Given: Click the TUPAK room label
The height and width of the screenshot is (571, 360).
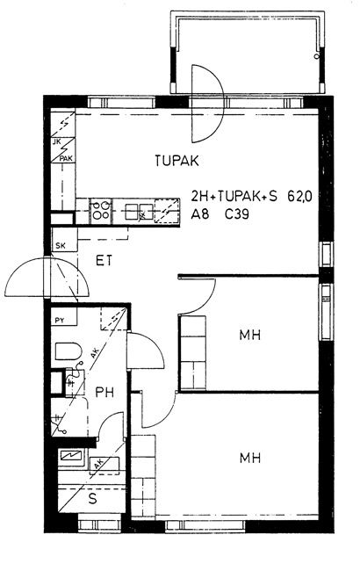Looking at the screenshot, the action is pyautogui.click(x=176, y=161).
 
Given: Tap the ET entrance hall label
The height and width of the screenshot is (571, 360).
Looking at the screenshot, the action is pyautogui.click(x=104, y=261).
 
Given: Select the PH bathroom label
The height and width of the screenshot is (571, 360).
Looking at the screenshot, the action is pyautogui.click(x=104, y=392).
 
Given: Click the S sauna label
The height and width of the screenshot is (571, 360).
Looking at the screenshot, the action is pyautogui.click(x=93, y=499).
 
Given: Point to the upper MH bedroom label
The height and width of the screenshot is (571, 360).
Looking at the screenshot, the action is pyautogui.click(x=250, y=335).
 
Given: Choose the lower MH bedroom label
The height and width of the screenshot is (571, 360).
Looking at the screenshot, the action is pyautogui.click(x=250, y=458).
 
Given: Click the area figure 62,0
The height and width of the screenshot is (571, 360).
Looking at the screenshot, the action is pyautogui.click(x=299, y=197).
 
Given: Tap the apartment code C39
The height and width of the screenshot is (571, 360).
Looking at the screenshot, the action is pyautogui.click(x=237, y=214).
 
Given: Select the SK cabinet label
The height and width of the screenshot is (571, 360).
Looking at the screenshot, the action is pyautogui.click(x=61, y=246).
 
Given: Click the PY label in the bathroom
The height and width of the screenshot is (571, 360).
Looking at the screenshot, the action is pyautogui.click(x=60, y=321).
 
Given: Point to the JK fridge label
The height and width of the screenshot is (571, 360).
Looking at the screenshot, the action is pyautogui.click(x=57, y=141).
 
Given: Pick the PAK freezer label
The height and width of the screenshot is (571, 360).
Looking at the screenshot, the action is pyautogui.click(x=66, y=158).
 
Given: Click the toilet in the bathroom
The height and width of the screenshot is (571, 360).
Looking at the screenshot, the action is pyautogui.click(x=68, y=351).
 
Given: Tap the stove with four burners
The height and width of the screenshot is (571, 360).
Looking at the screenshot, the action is pyautogui.click(x=100, y=210).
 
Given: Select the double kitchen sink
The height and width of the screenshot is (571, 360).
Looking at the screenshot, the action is pyautogui.click(x=134, y=212).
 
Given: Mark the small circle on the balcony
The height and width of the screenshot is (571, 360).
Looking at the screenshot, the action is pyautogui.click(x=317, y=56).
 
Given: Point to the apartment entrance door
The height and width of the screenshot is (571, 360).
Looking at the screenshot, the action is pyautogui.click(x=47, y=278).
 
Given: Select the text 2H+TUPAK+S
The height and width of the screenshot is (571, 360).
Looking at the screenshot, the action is pyautogui.click(x=234, y=197).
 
